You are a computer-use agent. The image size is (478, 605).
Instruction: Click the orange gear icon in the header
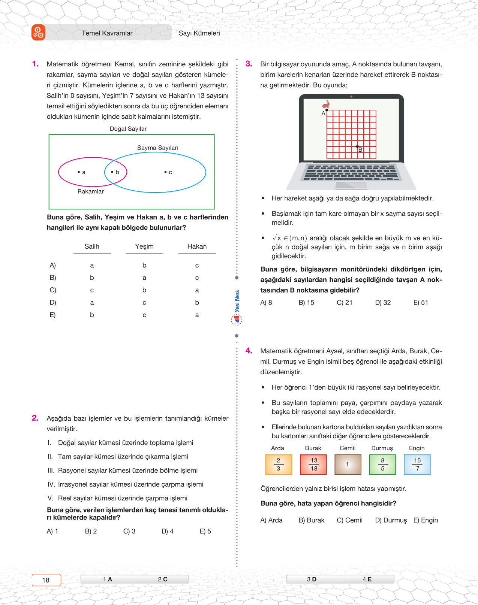click(x=38, y=33)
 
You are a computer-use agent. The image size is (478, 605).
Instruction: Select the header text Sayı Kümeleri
click(x=199, y=33)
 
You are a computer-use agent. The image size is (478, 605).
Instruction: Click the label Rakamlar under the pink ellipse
click(x=90, y=191)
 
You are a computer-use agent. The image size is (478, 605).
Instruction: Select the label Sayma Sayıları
click(x=157, y=148)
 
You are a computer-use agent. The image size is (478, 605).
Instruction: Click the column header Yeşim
click(x=144, y=246)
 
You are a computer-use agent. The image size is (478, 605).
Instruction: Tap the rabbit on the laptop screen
click(x=327, y=104)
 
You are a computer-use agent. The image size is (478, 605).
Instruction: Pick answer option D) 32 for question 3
click(x=383, y=303)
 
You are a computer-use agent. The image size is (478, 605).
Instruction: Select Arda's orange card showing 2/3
click(x=278, y=465)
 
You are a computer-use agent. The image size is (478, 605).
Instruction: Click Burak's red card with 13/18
click(x=313, y=465)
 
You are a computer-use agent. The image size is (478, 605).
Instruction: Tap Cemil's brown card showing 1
click(x=348, y=465)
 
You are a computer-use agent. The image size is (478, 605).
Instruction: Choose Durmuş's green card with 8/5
click(x=382, y=465)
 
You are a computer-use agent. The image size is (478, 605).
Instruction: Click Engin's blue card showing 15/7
click(x=417, y=465)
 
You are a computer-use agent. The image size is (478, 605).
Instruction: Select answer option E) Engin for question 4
click(x=426, y=520)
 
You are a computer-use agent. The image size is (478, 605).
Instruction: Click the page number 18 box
click(x=46, y=580)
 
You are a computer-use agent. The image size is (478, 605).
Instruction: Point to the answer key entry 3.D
click(x=312, y=579)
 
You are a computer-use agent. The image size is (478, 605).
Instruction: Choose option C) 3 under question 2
click(x=129, y=532)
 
